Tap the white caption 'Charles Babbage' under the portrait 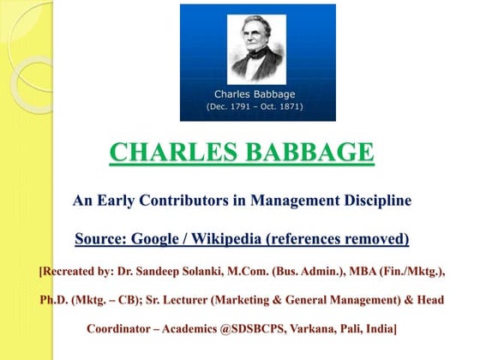click(x=257, y=93)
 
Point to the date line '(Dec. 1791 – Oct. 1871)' click(x=257, y=106)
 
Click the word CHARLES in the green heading click(x=163, y=153)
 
